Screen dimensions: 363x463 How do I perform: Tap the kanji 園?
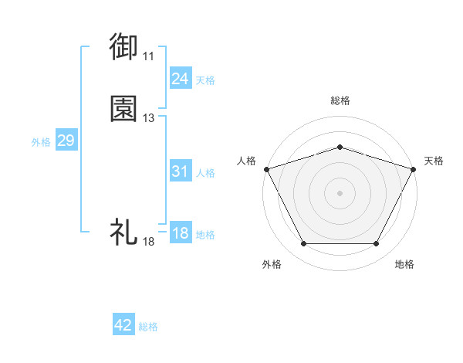(x=125, y=109)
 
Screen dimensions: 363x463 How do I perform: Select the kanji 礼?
(x=124, y=232)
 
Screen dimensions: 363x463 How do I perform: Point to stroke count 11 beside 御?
(x=148, y=56)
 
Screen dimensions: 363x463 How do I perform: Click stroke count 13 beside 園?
(x=148, y=118)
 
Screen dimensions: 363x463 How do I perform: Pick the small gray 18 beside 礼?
(x=148, y=242)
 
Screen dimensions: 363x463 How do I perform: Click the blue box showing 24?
(x=180, y=79)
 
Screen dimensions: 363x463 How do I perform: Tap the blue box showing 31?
(x=180, y=172)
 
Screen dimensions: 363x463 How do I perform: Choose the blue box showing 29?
(x=66, y=141)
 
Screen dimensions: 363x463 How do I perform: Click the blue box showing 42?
(x=123, y=326)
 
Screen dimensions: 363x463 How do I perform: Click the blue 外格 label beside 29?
(x=41, y=142)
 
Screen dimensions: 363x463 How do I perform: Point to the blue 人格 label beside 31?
(x=205, y=173)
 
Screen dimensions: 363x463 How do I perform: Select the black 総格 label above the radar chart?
(x=340, y=100)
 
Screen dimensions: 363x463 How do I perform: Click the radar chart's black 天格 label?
(x=434, y=161)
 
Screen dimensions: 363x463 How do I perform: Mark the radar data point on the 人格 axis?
(x=266, y=168)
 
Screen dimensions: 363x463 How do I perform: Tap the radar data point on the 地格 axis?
(x=376, y=244)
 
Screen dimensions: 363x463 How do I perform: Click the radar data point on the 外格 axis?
(x=303, y=244)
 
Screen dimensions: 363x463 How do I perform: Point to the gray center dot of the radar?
(x=340, y=193)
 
